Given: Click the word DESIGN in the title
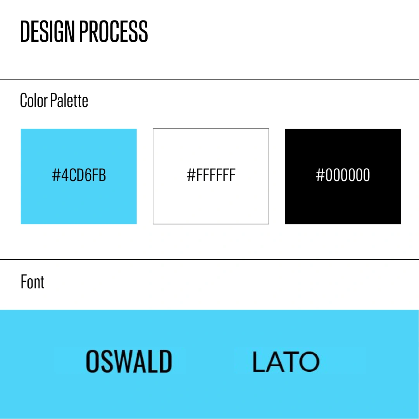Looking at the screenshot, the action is click(47, 31).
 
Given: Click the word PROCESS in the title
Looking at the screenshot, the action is click(114, 31).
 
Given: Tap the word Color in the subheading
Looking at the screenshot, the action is click(34, 100).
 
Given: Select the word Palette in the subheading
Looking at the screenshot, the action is click(69, 100).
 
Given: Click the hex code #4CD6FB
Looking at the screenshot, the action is click(79, 175).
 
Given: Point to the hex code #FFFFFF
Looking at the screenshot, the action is click(211, 175).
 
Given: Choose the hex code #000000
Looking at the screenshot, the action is click(343, 175).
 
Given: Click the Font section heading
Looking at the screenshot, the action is click(33, 282).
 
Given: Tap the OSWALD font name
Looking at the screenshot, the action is click(129, 361).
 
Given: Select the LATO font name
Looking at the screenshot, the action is click(286, 362).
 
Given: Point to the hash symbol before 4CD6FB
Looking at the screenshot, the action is click(56, 175).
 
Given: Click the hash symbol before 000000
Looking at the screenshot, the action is click(321, 175).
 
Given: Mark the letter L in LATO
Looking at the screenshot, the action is click(259, 362).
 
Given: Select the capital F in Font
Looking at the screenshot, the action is click(24, 282).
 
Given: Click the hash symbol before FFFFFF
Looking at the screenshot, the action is click(191, 175).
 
